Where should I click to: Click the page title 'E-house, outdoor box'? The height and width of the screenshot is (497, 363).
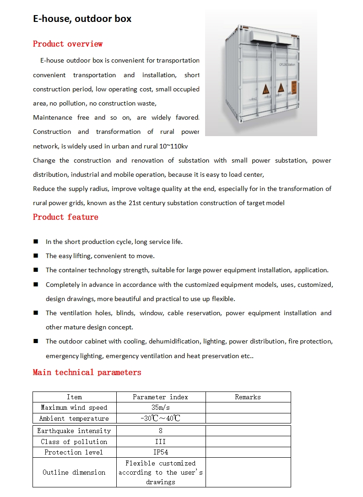pos(82,19)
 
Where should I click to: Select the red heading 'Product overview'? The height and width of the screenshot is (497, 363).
pos(68,44)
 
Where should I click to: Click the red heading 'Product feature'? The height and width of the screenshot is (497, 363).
pos(65,217)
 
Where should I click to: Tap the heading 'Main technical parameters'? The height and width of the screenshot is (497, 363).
pos(87,372)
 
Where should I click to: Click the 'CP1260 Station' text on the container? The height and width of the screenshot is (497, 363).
pos(287,65)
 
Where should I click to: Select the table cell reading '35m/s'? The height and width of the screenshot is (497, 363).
pos(161,407)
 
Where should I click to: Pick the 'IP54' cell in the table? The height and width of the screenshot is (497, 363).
pos(161,452)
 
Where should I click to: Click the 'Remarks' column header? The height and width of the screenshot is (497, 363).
pos(248,397)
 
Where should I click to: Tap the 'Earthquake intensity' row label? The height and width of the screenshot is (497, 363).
pos(74,431)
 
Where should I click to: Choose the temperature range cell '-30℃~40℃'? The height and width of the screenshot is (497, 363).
pos(161,418)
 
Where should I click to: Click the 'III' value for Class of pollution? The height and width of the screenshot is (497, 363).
pos(161,442)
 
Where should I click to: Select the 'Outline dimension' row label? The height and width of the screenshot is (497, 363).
pos(74,472)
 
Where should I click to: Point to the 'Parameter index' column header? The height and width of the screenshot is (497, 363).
pos(161,397)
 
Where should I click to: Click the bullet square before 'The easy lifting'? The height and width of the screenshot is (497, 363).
pos(36,256)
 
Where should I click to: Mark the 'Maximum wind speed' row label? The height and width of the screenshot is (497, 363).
pos(74,407)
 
